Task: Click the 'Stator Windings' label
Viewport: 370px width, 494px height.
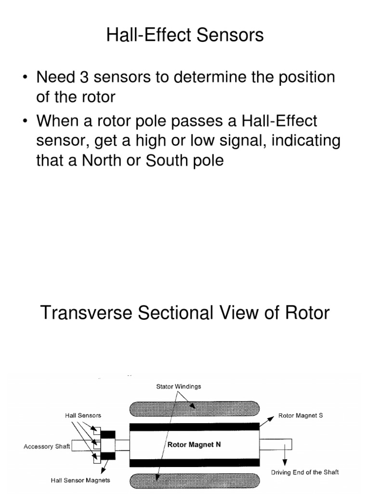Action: [x=178, y=386]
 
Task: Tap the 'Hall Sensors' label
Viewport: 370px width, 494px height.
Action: [x=83, y=415]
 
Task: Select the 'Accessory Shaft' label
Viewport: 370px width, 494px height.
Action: [x=47, y=446]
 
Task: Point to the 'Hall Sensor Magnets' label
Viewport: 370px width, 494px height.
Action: [x=80, y=480]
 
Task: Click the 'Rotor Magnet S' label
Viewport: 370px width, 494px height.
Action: [x=301, y=415]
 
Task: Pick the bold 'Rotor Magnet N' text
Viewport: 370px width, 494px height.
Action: [x=194, y=445]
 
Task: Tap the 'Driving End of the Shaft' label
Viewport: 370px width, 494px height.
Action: [x=304, y=472]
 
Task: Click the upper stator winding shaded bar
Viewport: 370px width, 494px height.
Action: [x=195, y=409]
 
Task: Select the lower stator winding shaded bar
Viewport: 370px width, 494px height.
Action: [x=195, y=482]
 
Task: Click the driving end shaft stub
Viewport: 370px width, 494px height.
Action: [x=276, y=444]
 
